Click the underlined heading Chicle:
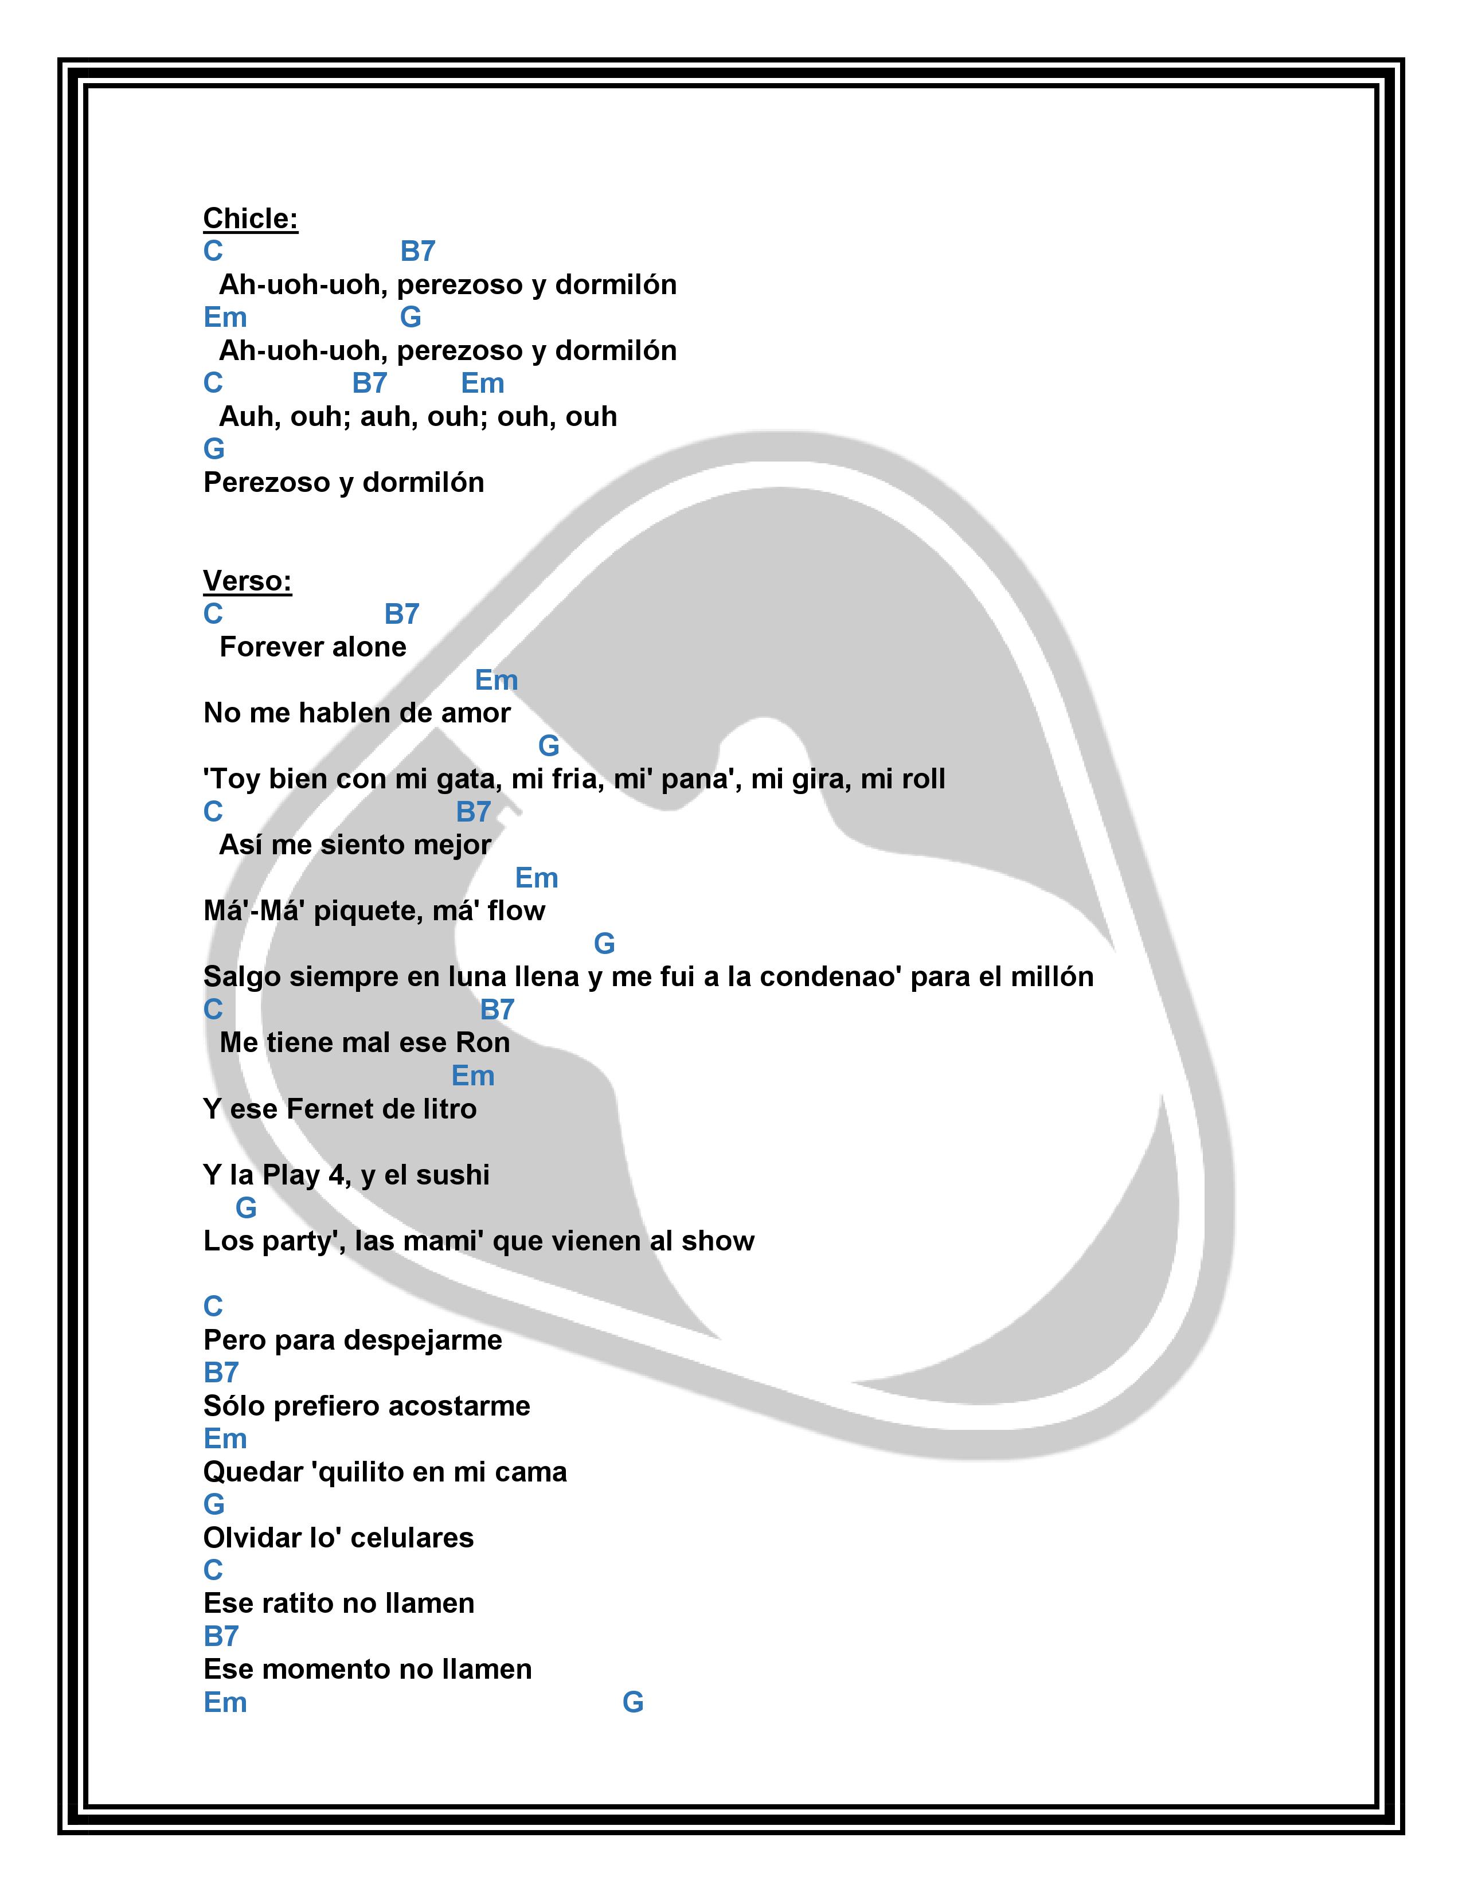click(251, 218)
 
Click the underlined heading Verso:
click(247, 580)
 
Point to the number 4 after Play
click(336, 1175)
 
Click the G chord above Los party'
click(246, 1207)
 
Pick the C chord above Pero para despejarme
click(213, 1307)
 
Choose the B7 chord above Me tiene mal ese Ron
click(497, 1010)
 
